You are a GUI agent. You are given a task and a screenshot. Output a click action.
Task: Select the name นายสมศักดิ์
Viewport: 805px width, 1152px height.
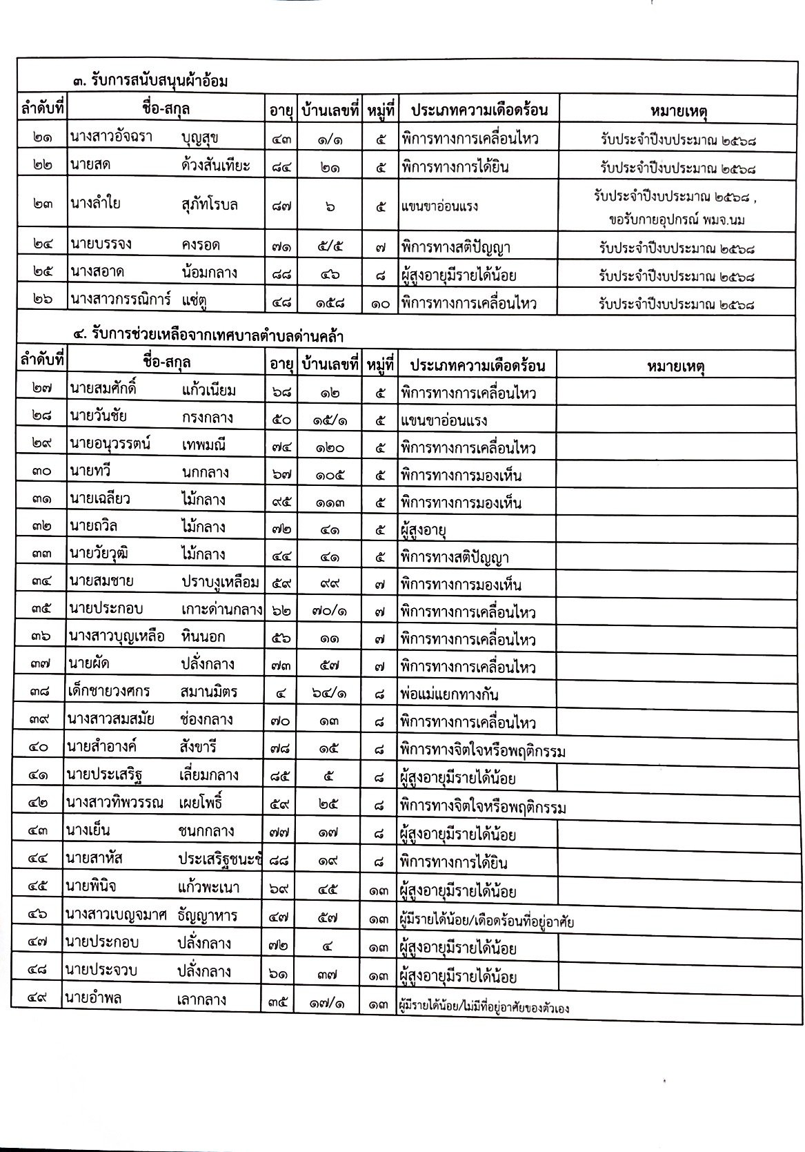pos(103,390)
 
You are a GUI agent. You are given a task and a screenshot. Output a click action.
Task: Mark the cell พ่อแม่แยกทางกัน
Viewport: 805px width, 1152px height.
pos(449,694)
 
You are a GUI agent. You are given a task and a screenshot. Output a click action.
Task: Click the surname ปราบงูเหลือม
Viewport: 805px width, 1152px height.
pos(220,583)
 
